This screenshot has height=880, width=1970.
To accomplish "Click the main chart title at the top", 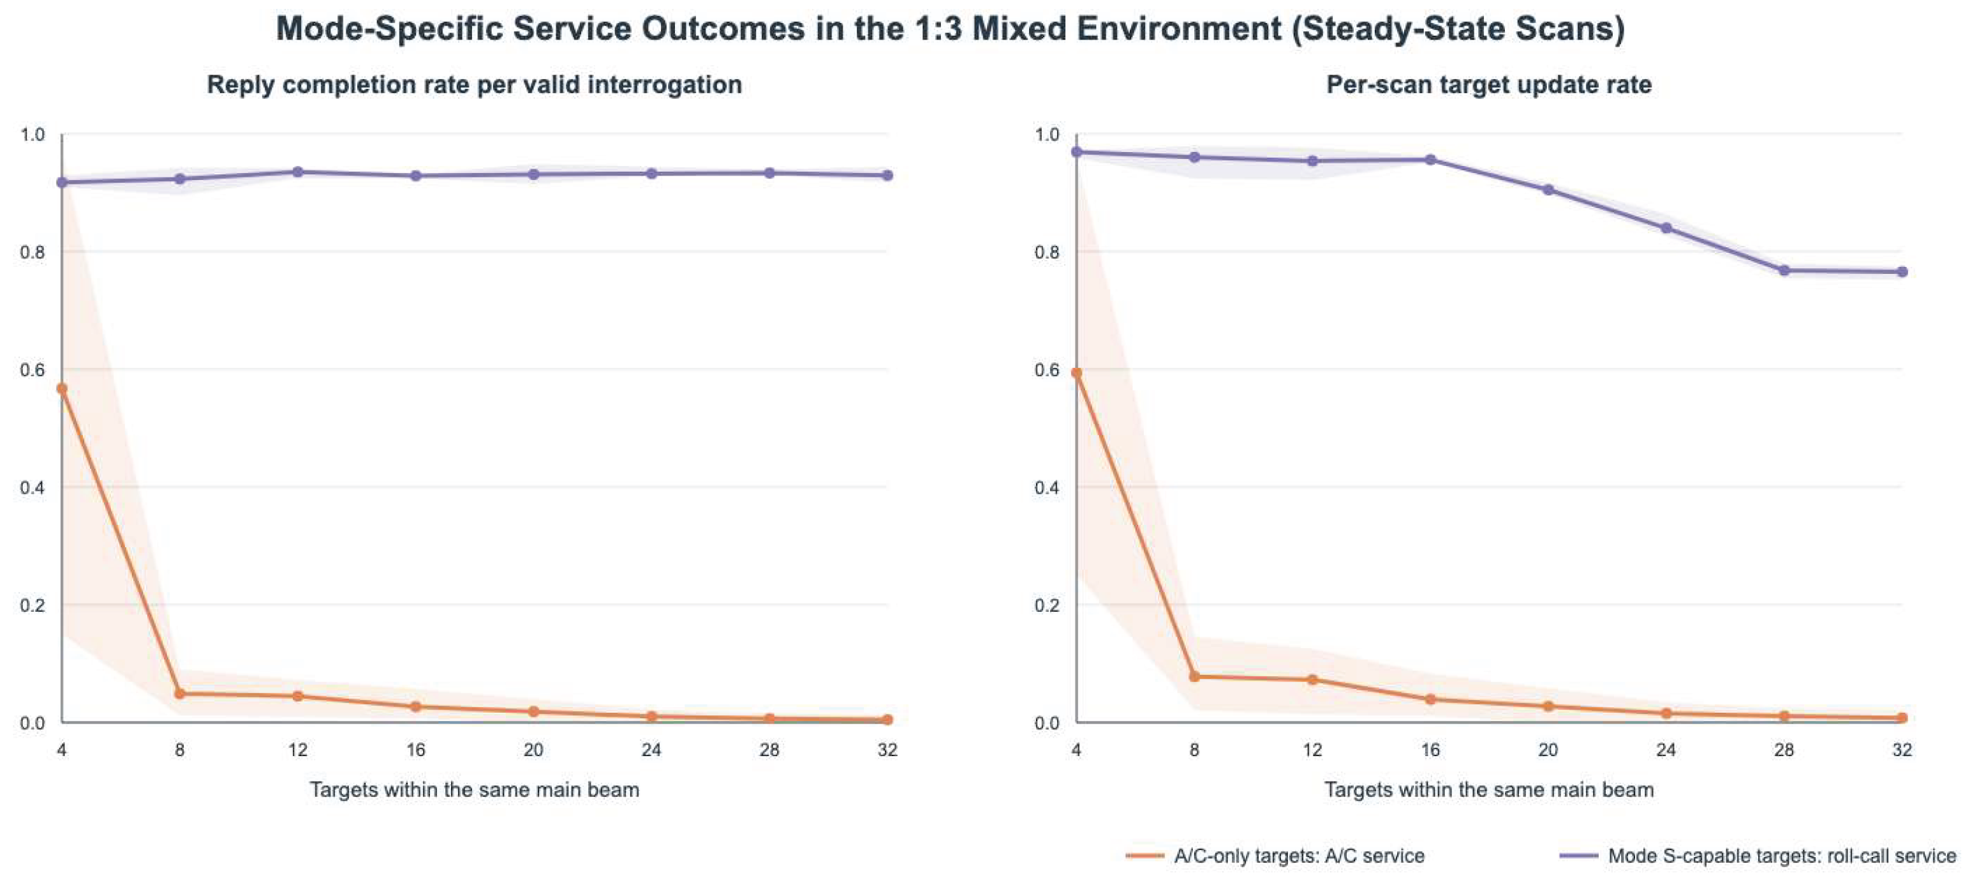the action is [950, 29].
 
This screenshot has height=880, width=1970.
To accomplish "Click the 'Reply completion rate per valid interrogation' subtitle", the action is [474, 84].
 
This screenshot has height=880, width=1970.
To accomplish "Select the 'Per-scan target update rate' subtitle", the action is [1489, 84].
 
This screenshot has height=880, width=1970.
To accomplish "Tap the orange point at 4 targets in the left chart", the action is [62, 389].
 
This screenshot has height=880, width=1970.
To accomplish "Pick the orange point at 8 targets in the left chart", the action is [180, 694].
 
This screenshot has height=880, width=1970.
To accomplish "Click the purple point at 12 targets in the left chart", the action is [297, 172].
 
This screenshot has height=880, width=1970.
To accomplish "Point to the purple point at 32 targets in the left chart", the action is [887, 175].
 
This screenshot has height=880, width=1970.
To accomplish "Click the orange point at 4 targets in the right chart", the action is [1076, 374].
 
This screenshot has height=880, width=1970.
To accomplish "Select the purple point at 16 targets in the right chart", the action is [1430, 160].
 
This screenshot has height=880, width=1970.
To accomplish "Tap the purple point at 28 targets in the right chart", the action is [1784, 270].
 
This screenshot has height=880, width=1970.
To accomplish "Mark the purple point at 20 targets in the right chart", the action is [1548, 190].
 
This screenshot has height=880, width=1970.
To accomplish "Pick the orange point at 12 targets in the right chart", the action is [1312, 679].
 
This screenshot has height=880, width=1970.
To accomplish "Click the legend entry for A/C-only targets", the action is [1275, 856].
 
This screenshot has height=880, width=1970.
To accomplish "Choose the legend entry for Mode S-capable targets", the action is [1758, 856].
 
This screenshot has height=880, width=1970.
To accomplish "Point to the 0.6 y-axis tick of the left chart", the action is [32, 370].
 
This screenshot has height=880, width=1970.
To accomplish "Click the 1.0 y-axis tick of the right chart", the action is [1047, 135].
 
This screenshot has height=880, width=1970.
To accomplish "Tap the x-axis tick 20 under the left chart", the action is [533, 750].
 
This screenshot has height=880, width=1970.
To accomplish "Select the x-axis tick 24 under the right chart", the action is [1666, 750].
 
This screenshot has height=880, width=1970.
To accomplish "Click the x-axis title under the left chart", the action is [474, 790].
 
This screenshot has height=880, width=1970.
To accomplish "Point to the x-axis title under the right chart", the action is [1489, 790].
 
